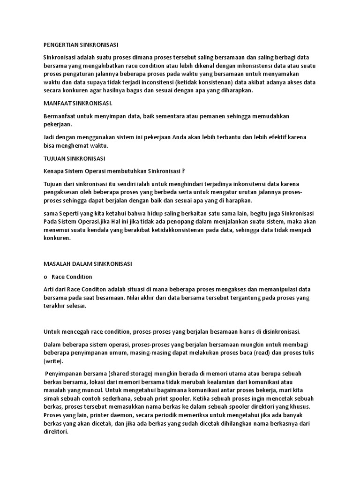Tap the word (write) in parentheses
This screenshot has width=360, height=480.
[x=55, y=361]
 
